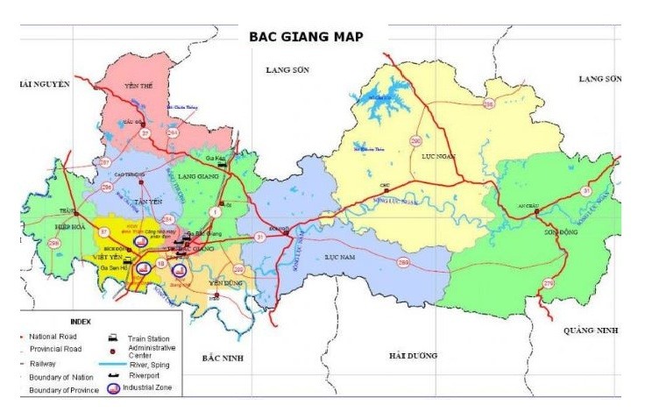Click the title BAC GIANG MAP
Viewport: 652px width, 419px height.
[306, 37]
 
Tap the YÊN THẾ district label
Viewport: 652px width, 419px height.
[139, 87]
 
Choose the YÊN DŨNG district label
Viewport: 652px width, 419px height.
[226, 283]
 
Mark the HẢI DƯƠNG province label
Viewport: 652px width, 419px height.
[414, 355]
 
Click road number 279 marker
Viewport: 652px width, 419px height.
[549, 283]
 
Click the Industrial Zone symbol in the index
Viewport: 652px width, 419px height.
[114, 387]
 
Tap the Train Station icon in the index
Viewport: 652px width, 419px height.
[113, 337]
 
